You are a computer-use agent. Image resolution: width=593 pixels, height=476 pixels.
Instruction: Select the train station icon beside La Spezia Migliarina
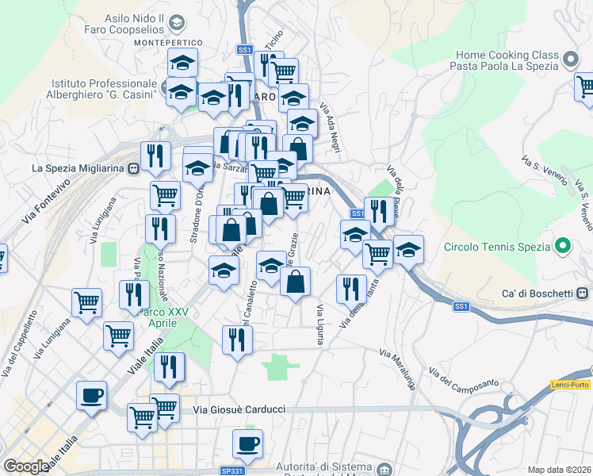click(x=133, y=168)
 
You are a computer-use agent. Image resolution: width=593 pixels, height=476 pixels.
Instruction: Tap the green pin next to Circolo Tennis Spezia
click(x=562, y=246)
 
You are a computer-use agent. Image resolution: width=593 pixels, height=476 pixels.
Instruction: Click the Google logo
click(x=26, y=466)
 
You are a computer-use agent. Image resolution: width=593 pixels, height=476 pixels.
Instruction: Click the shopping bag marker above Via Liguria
click(x=295, y=282)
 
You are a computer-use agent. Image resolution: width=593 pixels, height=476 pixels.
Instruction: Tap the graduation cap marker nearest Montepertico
click(x=183, y=62)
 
